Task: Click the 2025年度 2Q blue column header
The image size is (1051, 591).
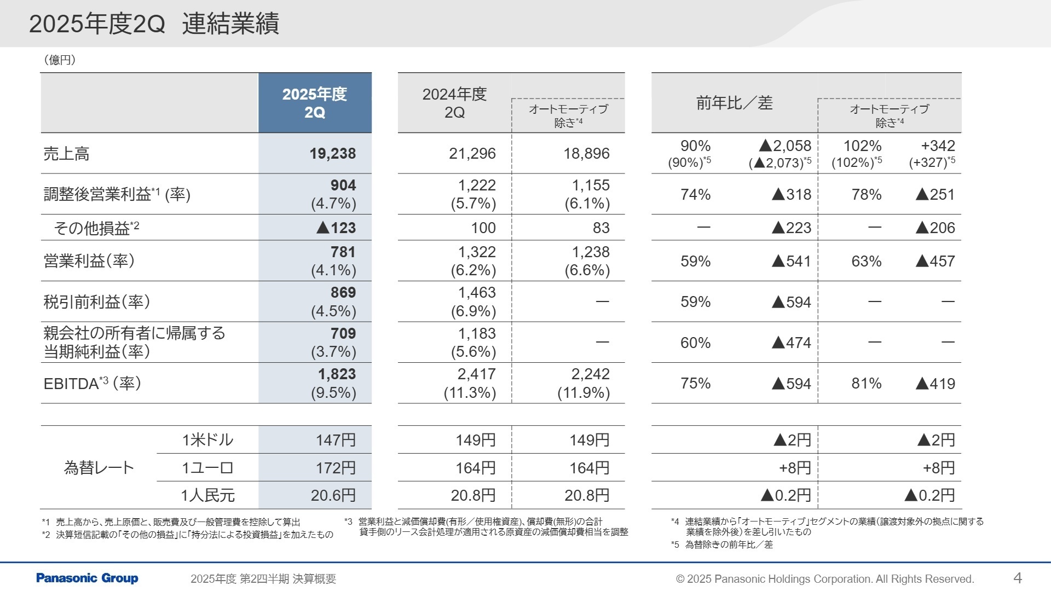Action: tap(315, 103)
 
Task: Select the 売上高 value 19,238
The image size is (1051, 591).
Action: tap(332, 154)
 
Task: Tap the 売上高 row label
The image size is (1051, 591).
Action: tap(66, 154)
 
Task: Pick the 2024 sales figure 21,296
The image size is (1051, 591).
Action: tap(472, 154)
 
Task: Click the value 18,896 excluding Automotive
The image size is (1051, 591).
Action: tap(586, 154)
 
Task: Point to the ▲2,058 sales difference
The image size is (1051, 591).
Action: tap(785, 146)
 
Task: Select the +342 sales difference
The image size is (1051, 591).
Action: tap(938, 146)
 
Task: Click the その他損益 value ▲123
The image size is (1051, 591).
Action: tap(336, 228)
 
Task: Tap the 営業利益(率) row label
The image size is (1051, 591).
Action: tap(89, 261)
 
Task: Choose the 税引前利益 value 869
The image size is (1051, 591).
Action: tap(343, 293)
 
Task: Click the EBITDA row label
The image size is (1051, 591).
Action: tap(92, 383)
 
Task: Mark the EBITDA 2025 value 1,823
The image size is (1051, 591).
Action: tap(337, 374)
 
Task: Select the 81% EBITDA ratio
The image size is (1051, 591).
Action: tap(866, 384)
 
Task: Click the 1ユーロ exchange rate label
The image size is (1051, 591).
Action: tap(207, 468)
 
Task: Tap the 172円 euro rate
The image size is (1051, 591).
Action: tap(336, 468)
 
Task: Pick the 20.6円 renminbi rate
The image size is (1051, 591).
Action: tap(333, 495)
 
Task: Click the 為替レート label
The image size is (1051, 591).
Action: tap(99, 468)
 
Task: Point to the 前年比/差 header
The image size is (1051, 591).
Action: tap(734, 103)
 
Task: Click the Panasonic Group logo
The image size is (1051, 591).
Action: tap(87, 578)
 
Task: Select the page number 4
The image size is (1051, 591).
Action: tap(1018, 578)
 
